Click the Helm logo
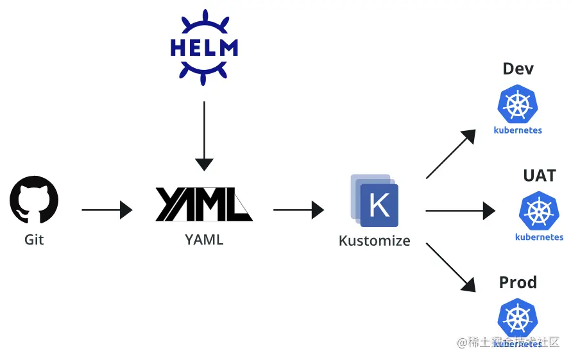(204, 47)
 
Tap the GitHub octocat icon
(34, 200)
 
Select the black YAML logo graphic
(204, 204)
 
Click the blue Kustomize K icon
(376, 203)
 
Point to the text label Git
(34, 240)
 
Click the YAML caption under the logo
(204, 240)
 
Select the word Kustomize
(375, 241)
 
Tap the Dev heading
(518, 69)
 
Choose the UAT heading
(539, 176)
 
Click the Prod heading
(518, 282)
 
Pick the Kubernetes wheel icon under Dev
(517, 104)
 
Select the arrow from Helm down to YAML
(204, 135)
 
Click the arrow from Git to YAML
(107, 210)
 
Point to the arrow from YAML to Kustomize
(298, 210)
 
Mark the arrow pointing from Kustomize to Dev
(450, 154)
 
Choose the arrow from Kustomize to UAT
(460, 210)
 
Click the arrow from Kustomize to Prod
(450, 267)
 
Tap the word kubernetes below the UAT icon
(539, 237)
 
